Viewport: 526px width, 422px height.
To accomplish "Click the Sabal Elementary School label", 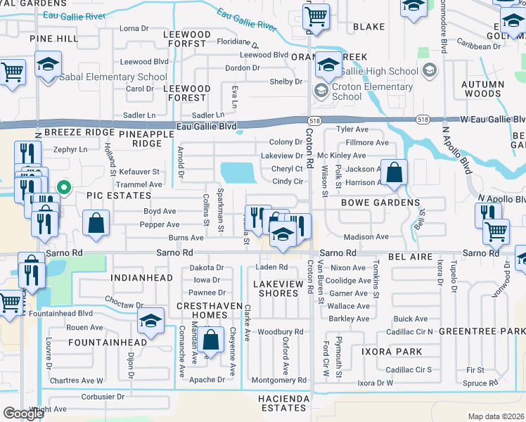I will [x=113, y=77].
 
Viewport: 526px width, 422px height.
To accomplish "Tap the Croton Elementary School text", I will [x=372, y=92].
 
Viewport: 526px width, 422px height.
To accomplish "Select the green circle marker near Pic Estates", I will [x=63, y=187].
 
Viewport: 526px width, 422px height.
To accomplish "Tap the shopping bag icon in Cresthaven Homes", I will [x=211, y=341].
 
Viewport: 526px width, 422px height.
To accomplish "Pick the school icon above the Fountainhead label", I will [x=150, y=322].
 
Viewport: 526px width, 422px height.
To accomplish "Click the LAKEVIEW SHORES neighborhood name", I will [x=279, y=288].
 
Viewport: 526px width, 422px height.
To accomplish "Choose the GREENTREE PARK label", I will [x=482, y=330].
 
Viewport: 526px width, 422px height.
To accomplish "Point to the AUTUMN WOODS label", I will [x=482, y=89].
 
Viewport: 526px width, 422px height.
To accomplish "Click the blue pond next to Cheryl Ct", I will [x=238, y=172].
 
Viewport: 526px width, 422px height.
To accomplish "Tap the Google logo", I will [x=23, y=413].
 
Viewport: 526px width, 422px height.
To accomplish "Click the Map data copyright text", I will [x=496, y=416].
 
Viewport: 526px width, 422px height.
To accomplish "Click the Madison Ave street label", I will [x=366, y=237].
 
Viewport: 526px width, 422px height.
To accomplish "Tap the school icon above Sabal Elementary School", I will [x=48, y=65].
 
